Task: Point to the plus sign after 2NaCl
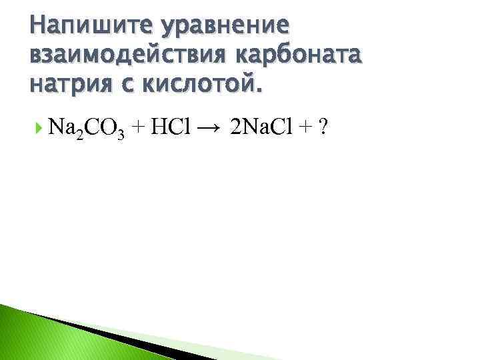pos(308,127)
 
